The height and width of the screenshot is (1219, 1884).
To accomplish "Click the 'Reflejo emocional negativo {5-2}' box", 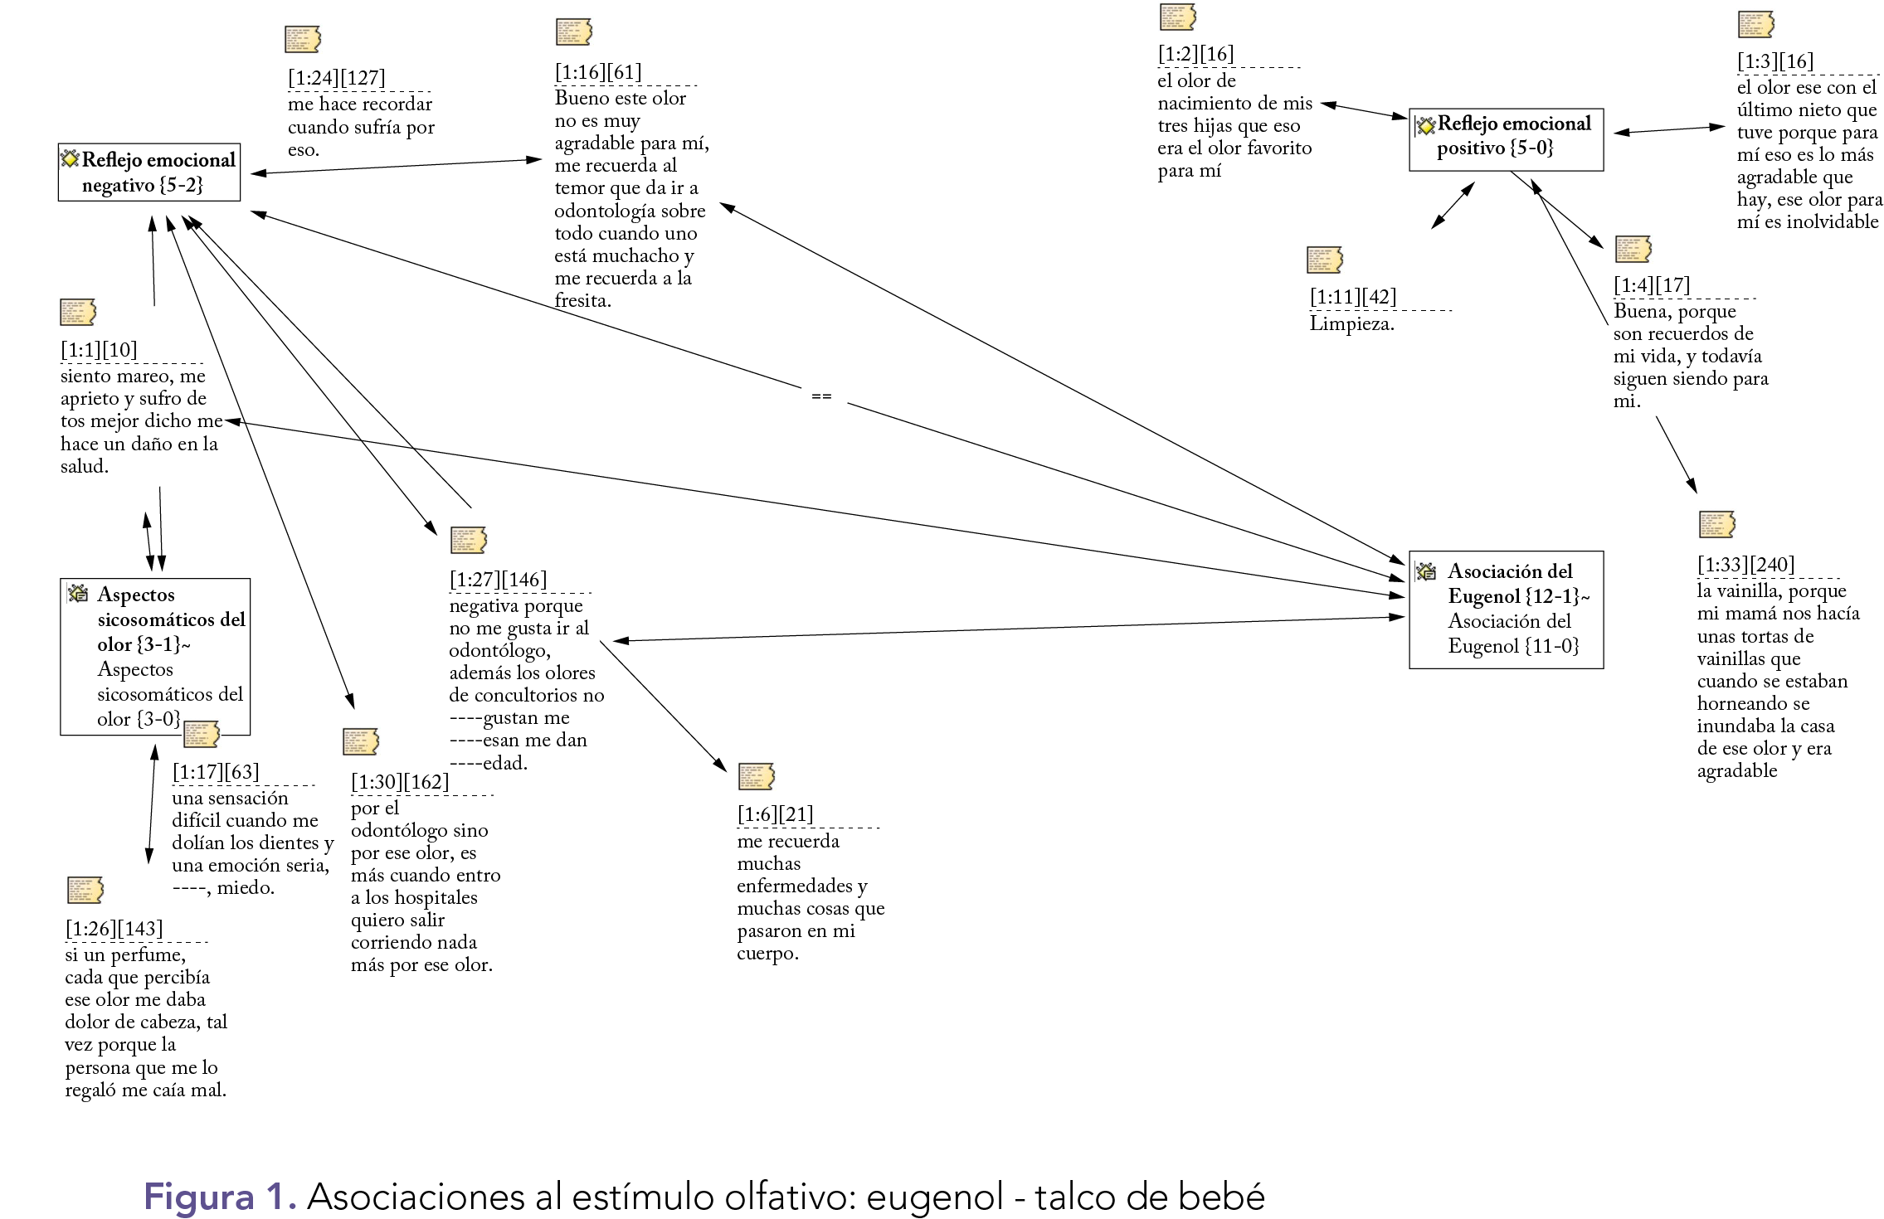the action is (x=149, y=172).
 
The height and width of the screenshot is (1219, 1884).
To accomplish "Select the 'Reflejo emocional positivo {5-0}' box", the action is (x=1506, y=139).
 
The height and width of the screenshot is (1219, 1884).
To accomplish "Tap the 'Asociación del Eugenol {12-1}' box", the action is (x=1506, y=609).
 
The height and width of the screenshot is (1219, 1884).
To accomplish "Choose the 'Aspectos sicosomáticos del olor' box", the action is (x=156, y=656).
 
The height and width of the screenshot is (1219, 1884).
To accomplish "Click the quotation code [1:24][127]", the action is (x=336, y=78).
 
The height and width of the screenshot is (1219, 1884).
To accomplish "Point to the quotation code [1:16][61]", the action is (x=597, y=72).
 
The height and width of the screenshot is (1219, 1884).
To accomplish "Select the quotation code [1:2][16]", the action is (x=1195, y=54).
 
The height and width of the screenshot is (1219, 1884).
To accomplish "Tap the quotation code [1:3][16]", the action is (x=1774, y=61).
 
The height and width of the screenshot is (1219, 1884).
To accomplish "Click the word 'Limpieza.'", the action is (x=1351, y=323).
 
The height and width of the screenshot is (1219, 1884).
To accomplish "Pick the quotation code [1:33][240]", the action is (x=1745, y=565).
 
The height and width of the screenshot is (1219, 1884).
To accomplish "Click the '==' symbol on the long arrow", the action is (x=820, y=397).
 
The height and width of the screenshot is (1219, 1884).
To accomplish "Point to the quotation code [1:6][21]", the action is (x=775, y=814).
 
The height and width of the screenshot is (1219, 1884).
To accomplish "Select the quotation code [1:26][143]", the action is (x=114, y=929).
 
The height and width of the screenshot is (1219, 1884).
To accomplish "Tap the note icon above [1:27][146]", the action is (x=468, y=540).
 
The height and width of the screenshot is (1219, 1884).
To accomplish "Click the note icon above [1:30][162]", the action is (x=361, y=741).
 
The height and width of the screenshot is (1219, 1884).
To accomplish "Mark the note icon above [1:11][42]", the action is (x=1324, y=260).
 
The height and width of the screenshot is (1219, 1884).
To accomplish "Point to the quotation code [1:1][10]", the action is (x=99, y=350).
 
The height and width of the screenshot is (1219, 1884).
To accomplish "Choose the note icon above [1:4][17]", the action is (x=1633, y=249).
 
